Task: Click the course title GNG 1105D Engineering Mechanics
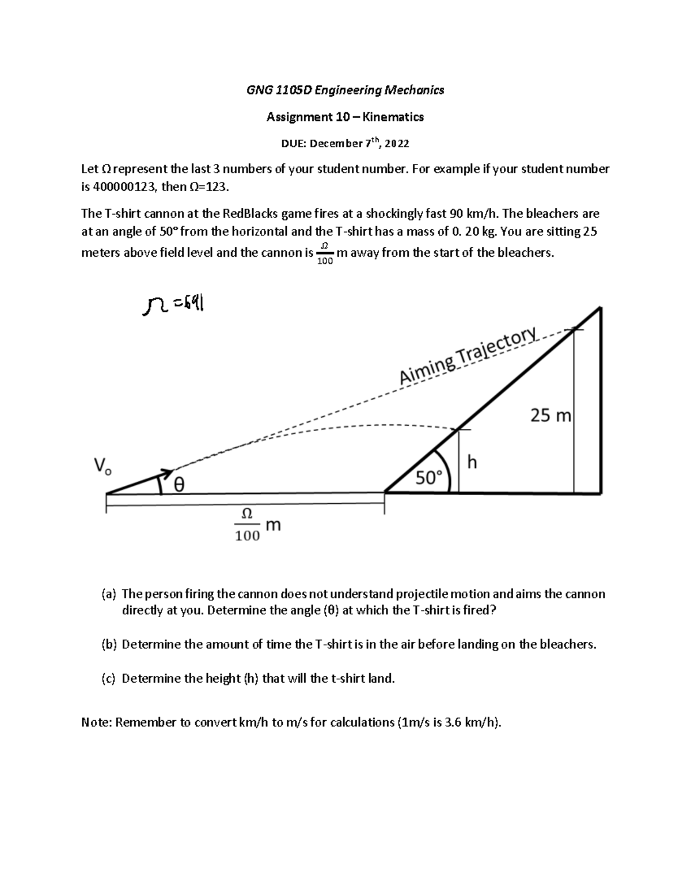tap(345, 90)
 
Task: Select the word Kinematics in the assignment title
tap(397, 117)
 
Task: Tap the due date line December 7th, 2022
tap(359, 143)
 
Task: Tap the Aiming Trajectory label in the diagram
tap(468, 355)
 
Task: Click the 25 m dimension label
tap(549, 415)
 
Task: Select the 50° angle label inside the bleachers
tap(429, 478)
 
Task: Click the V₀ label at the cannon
tap(102, 465)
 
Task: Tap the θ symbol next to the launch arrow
tap(179, 486)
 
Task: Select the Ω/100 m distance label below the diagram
tap(255, 524)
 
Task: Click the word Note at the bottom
tap(96, 722)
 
